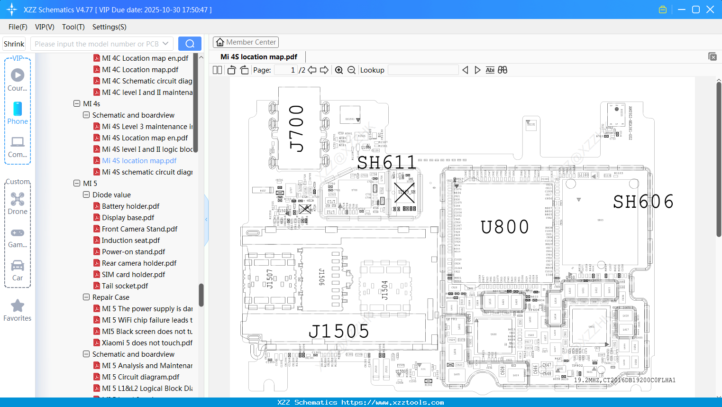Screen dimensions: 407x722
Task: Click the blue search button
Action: tap(190, 44)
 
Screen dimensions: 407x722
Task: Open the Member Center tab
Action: tap(246, 42)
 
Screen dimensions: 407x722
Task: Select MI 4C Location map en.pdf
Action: tap(145, 58)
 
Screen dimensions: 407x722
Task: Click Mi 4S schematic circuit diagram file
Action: tap(147, 172)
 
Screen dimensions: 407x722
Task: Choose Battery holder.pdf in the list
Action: tap(130, 206)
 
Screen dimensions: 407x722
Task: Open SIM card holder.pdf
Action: tap(133, 274)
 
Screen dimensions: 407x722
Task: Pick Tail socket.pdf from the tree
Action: tap(125, 286)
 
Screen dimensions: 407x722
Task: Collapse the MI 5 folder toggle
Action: tap(77, 183)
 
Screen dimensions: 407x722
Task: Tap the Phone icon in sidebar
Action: tap(18, 113)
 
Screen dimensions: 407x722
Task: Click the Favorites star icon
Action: tap(18, 306)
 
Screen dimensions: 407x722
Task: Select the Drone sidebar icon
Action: tap(18, 203)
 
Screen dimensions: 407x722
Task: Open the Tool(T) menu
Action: tap(73, 27)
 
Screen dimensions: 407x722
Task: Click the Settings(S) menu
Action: tap(109, 27)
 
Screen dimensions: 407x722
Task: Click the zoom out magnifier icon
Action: tap(351, 70)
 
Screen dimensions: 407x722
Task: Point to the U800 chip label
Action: tap(504, 227)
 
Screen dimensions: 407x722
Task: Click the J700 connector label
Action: tap(297, 128)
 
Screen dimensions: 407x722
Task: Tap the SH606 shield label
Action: tap(643, 202)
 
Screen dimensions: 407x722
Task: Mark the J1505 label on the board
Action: tap(338, 331)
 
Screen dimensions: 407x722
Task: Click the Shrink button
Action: tap(14, 44)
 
